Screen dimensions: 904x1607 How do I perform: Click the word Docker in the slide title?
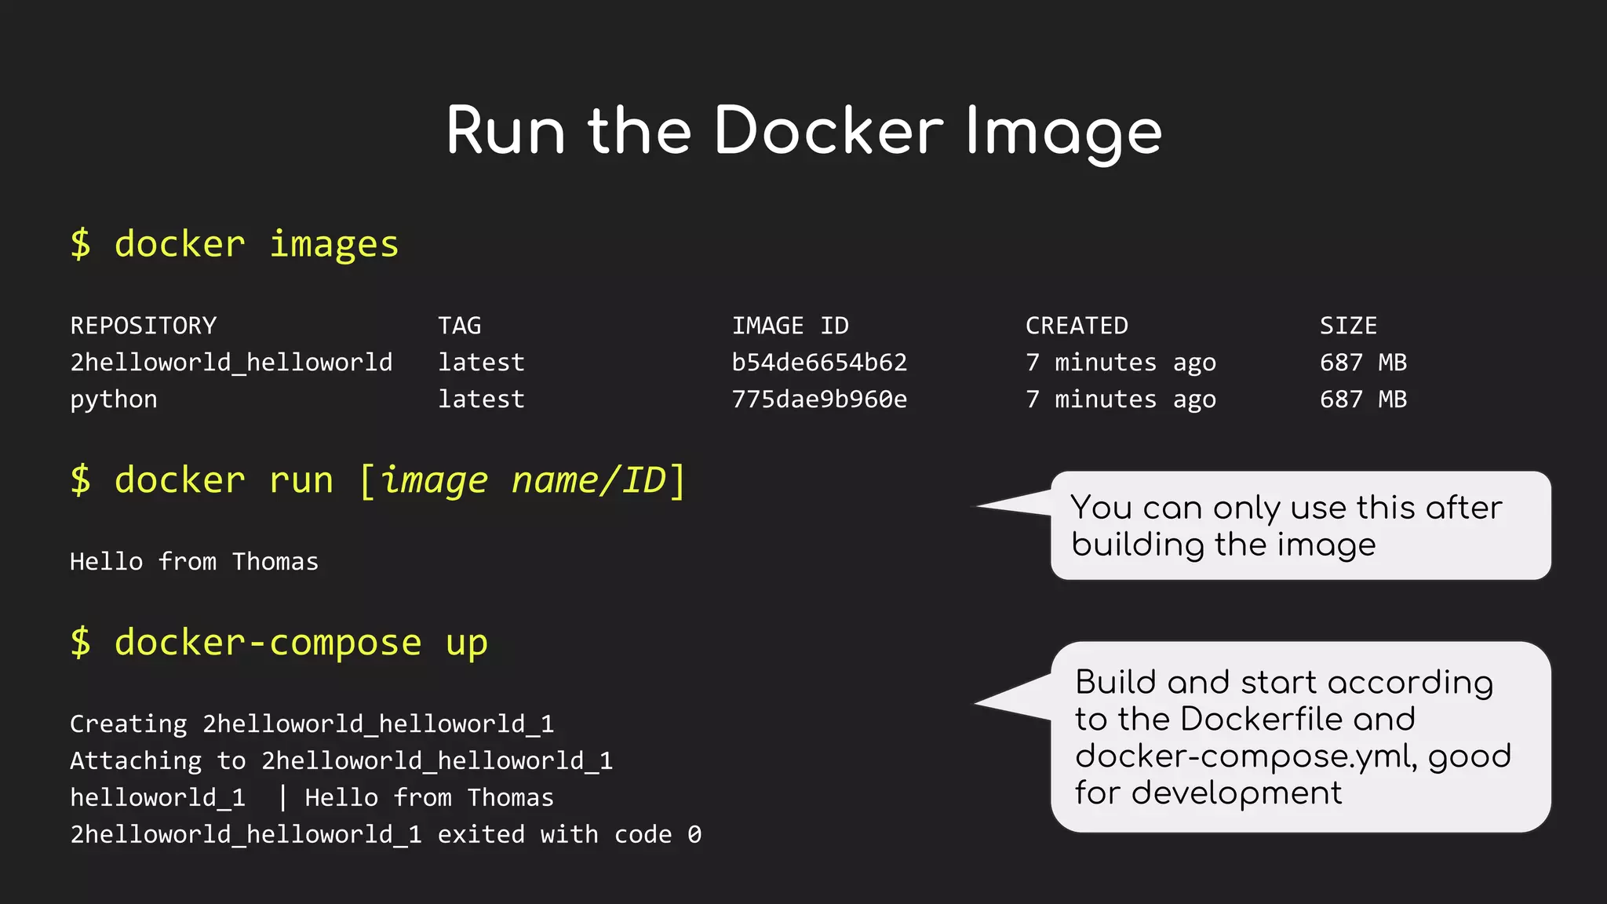[x=828, y=131]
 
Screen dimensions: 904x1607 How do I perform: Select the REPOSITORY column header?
[x=143, y=326]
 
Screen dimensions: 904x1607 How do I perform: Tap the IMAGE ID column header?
[x=789, y=326]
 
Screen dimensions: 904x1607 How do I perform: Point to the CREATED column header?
[x=1077, y=326]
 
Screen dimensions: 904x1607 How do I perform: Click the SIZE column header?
[x=1348, y=326]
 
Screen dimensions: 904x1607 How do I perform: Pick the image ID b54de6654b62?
[x=819, y=363]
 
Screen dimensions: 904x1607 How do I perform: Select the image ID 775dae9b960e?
[x=819, y=399]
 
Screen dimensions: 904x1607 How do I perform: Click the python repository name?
[x=114, y=400]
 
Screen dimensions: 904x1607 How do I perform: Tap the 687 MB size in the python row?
[x=1363, y=399]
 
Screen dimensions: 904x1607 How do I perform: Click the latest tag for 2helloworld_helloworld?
[x=481, y=363]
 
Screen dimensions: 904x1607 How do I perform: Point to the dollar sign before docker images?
[x=80, y=244]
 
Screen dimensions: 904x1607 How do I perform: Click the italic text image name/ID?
[x=523, y=480]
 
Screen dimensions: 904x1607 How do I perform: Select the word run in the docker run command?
[x=301, y=480]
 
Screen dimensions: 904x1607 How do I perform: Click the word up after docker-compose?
[x=467, y=643]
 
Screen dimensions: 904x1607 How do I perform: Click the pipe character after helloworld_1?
[x=282, y=798]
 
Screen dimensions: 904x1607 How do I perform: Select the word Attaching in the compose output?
[x=136, y=761]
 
